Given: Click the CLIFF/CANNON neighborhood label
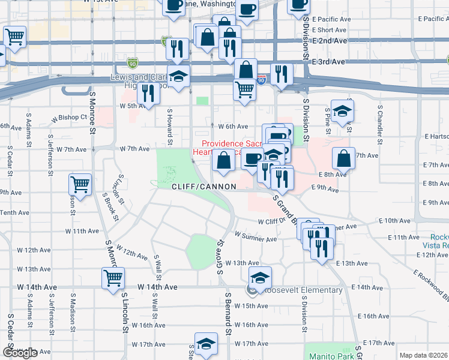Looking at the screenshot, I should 203,187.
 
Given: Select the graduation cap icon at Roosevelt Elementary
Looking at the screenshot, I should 260,278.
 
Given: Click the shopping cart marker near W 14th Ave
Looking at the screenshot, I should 113,278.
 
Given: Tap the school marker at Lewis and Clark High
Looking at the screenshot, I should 178,77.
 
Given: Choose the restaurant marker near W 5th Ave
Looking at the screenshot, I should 147,92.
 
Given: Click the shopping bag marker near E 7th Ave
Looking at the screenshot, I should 343,159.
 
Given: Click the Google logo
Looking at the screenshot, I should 20,353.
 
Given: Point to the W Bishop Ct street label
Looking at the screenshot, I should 69,118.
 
